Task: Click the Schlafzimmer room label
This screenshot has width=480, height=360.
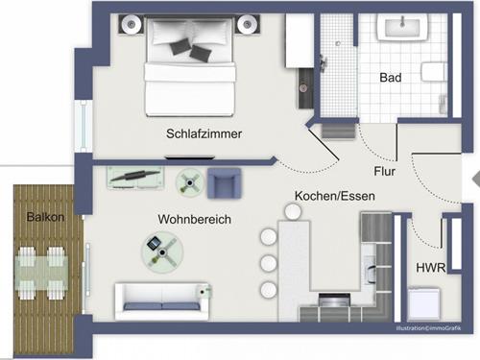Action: pyautogui.click(x=203, y=134)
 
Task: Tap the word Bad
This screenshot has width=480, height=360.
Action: pyautogui.click(x=390, y=77)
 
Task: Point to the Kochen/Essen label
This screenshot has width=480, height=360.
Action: pyautogui.click(x=334, y=196)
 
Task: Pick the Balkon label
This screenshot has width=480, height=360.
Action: pyautogui.click(x=45, y=217)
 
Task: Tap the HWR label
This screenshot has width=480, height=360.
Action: pyautogui.click(x=429, y=268)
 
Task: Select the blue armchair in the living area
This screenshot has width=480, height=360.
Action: pyautogui.click(x=224, y=181)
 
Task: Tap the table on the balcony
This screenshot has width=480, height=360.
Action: pyautogui.click(x=45, y=273)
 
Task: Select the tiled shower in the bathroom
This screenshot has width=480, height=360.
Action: pyautogui.click(x=337, y=62)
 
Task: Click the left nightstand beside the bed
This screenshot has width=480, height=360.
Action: pyautogui.click(x=130, y=23)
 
